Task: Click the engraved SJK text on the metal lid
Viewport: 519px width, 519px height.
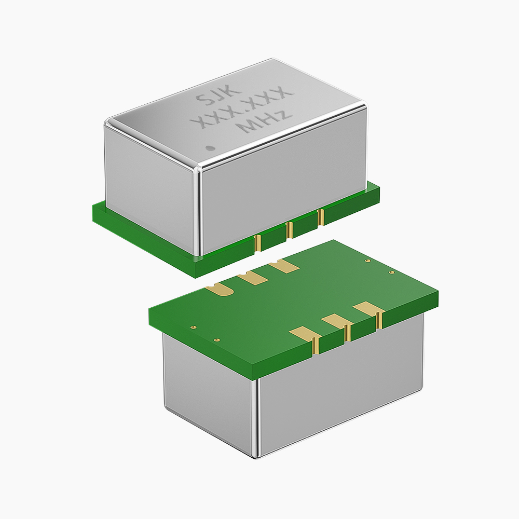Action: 217,95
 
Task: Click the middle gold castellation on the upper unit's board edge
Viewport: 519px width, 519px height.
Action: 289,230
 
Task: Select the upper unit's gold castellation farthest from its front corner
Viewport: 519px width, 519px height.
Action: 320,217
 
